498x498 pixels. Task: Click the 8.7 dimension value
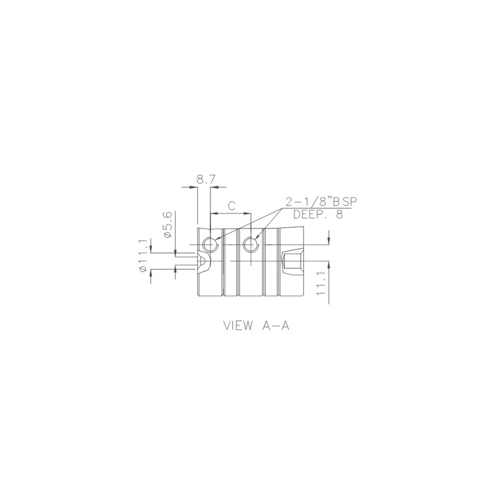206,180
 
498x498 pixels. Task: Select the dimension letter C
232,206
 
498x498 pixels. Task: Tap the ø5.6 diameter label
168,224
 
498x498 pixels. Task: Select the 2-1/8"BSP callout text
321,202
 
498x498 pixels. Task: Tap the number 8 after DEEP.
339,214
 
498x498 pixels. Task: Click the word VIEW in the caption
238,326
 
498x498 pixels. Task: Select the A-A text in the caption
276,326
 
